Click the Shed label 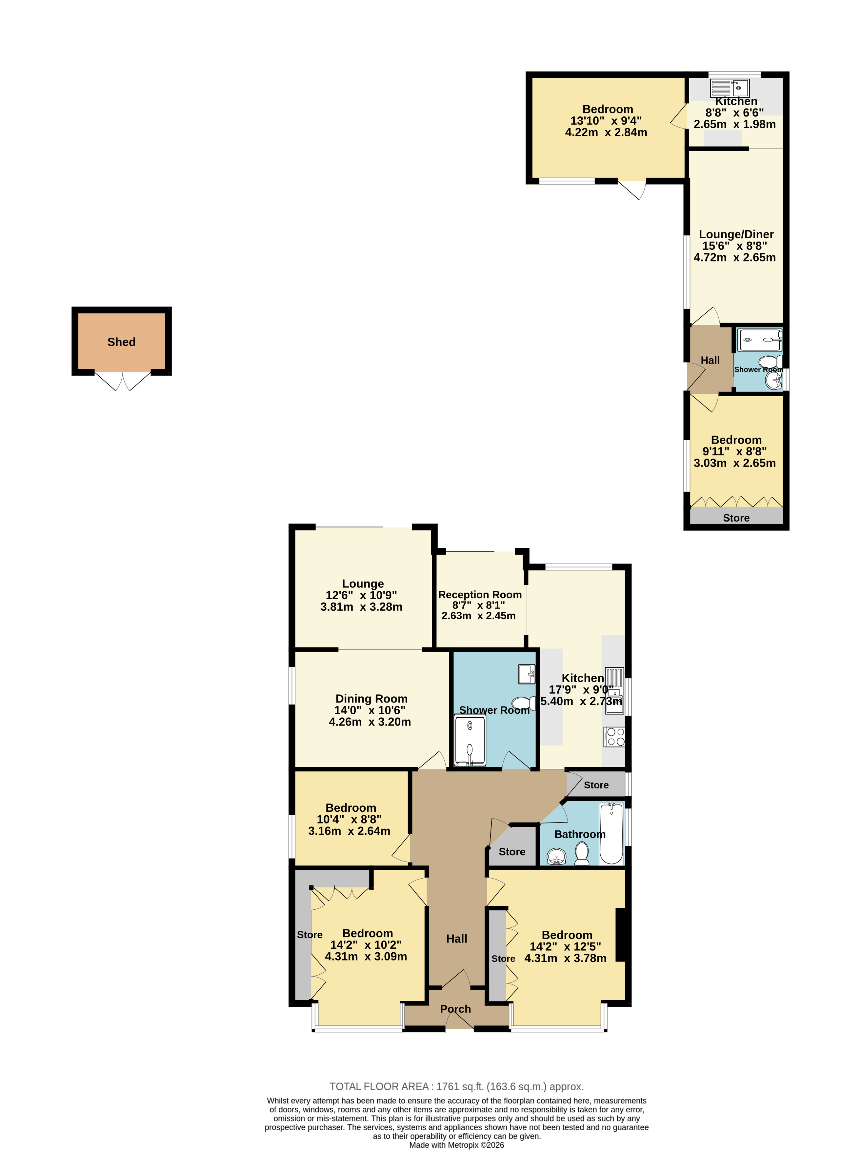(x=121, y=342)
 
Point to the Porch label (x=455, y=1009)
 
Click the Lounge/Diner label (x=736, y=234)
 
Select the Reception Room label (x=480, y=595)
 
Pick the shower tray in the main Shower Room (x=470, y=740)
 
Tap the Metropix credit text (x=456, y=1145)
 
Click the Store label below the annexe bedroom (x=736, y=518)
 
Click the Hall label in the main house (x=456, y=939)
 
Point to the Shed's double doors (x=123, y=381)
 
